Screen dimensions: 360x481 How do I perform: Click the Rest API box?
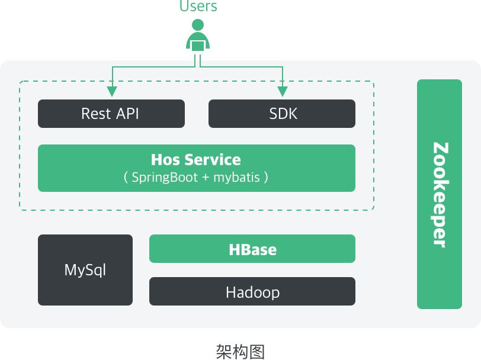[111, 114]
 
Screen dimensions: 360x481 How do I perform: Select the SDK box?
[281, 114]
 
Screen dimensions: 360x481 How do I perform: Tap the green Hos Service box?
[196, 168]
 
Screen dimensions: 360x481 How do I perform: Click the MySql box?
[85, 270]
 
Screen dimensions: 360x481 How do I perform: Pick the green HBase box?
[252, 249]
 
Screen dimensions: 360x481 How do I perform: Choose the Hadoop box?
[252, 291]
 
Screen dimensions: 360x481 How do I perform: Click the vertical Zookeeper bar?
[439, 194]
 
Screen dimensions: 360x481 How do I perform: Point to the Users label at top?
[198, 7]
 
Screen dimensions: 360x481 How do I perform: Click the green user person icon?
[198, 37]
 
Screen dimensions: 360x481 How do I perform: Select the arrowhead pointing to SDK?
[283, 91]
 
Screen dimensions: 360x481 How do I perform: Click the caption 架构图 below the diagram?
[239, 351]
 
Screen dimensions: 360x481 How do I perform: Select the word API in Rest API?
[127, 114]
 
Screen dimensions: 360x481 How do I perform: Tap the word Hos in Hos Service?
[165, 160]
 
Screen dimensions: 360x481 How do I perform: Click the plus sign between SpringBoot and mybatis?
[205, 177]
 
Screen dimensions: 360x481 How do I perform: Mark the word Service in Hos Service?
[212, 160]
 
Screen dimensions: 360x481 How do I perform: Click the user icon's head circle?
[198, 25]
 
